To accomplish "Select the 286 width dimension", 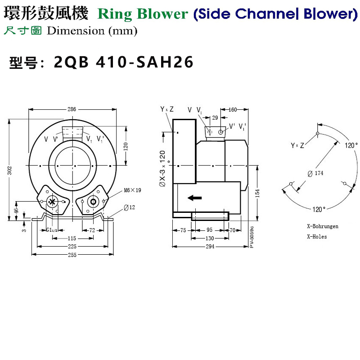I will (72, 109).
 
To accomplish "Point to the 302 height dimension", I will (9, 171).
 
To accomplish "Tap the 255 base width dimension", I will (72, 255).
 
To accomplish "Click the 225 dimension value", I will (72, 247).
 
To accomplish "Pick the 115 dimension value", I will (65, 238).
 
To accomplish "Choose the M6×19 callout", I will (132, 190).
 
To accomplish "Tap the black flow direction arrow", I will (194, 198).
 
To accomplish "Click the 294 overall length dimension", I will (210, 247).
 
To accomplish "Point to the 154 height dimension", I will (257, 193).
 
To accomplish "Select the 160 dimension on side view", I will (233, 109).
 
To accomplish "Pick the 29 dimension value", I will (215, 117).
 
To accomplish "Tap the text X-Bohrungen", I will (322, 226).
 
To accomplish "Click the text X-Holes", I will (317, 236).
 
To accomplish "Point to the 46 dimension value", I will (17, 210).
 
